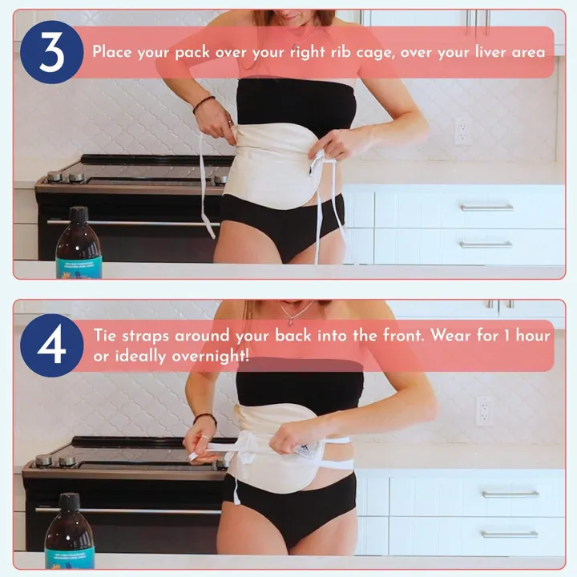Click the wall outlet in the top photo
tap(461, 131)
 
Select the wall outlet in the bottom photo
tap(482, 410)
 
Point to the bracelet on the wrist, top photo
tap(204, 103)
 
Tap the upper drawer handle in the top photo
tap(486, 207)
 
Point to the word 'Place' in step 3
tap(112, 52)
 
